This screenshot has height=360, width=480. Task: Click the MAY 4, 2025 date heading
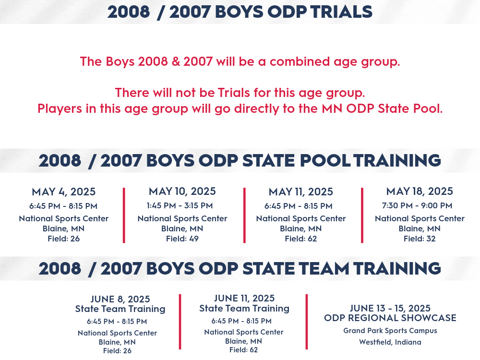coord(64,192)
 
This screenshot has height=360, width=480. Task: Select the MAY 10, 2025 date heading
coord(182,192)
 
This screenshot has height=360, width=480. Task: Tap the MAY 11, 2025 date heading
coord(300,192)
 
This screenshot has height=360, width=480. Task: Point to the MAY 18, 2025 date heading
coord(420,192)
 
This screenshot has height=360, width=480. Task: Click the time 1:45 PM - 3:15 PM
coord(180,205)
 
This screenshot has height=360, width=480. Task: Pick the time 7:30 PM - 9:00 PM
coord(417,205)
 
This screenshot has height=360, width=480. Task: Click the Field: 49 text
coord(182,239)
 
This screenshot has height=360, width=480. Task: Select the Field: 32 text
coord(420,239)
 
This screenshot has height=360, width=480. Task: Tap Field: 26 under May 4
coord(64,239)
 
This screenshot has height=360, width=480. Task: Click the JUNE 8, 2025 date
coord(120,299)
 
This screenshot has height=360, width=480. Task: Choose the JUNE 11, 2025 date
coord(244,298)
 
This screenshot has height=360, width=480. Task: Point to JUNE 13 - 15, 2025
coord(390,308)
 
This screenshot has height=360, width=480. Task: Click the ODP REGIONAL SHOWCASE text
coord(390,318)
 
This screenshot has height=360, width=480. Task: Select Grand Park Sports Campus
coord(390,331)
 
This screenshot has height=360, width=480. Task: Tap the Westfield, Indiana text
coord(390,342)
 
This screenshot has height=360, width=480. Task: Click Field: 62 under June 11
coord(244,350)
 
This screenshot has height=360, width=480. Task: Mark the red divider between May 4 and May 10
coord(124,216)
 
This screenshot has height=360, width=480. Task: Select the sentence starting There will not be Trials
coord(240,93)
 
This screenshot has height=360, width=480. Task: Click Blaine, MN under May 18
coord(420,228)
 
